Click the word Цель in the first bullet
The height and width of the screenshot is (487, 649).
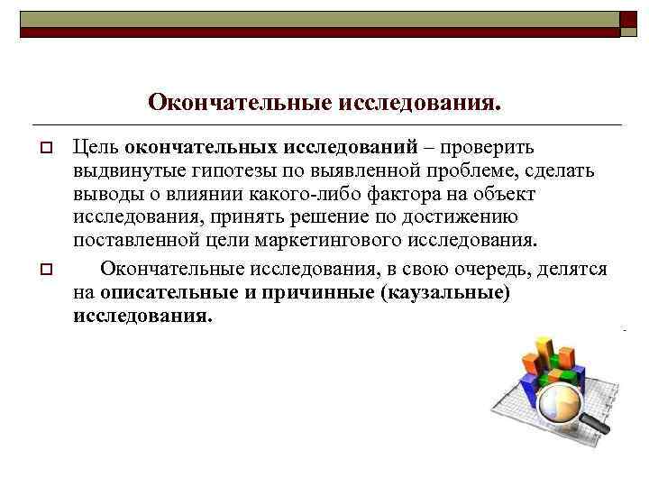[x=96, y=147]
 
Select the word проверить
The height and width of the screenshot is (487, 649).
[x=488, y=147]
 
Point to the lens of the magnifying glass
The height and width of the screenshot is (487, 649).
[x=558, y=401]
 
